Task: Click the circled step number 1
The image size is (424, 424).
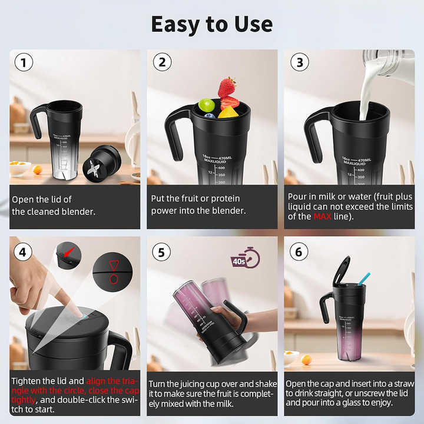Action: pos(24,63)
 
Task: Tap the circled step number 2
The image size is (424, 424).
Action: pos(163,63)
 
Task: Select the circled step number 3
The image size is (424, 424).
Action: pos(300,63)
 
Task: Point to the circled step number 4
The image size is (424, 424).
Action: pos(24,252)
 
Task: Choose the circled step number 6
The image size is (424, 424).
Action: pos(300,252)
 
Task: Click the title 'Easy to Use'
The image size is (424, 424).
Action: pos(212,24)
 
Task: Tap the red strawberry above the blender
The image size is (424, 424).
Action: pos(227,88)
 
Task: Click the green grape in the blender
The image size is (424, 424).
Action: pos(206,105)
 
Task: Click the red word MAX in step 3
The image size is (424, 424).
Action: pos(322,217)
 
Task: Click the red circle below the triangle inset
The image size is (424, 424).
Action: pos(114,279)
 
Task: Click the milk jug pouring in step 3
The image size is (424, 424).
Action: pos(389,62)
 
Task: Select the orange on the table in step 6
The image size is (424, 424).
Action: pos(306,359)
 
